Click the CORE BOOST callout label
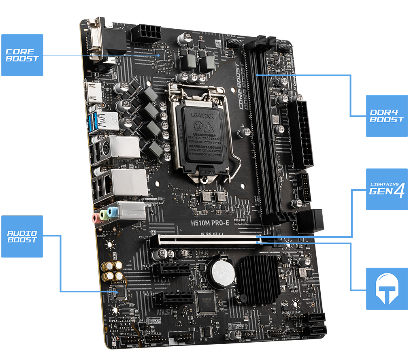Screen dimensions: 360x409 (x=22, y=55)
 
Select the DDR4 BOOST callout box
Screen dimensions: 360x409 (x=387, y=116)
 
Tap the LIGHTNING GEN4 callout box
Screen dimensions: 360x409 (x=387, y=190)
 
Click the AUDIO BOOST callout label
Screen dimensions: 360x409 (x=22, y=236)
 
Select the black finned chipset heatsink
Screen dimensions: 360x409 (x=258, y=279)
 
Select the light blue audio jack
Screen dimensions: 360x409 (x=113, y=211)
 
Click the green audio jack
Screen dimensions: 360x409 (x=104, y=215)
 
